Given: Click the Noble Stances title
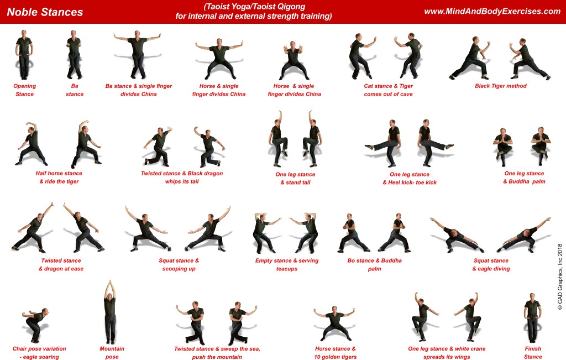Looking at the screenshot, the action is pyautogui.click(x=45, y=12).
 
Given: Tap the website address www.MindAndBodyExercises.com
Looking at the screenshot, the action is pyautogui.click(x=492, y=11).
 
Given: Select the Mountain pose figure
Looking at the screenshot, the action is pyautogui.click(x=110, y=312).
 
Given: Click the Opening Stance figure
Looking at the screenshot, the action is pyautogui.click(x=24, y=55).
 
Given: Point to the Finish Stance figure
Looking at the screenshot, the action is pyautogui.click(x=532, y=318).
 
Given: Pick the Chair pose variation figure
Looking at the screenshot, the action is pyautogui.click(x=35, y=325).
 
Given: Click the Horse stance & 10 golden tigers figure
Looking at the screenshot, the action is pyautogui.click(x=334, y=324).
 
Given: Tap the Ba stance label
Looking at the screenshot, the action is pyautogui.click(x=75, y=90).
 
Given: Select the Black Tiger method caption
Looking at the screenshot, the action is pyautogui.click(x=500, y=86).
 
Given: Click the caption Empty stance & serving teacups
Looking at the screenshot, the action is pyautogui.click(x=287, y=265).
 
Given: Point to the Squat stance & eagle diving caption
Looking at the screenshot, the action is pyautogui.click(x=491, y=265).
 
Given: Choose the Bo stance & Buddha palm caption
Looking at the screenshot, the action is pyautogui.click(x=374, y=265).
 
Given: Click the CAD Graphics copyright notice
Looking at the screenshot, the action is pyautogui.click(x=560, y=276).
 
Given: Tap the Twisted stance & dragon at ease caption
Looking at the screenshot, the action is pyautogui.click(x=61, y=265).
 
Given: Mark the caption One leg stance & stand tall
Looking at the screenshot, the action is pyautogui.click(x=295, y=179).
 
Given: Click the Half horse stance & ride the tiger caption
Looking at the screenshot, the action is pyautogui.click(x=59, y=178).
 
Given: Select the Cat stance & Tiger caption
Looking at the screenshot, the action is pyautogui.click(x=388, y=90).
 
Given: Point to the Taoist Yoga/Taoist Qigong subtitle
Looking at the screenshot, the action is pyautogui.click(x=253, y=11).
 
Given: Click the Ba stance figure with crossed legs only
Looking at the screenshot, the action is pyautogui.click(x=74, y=55).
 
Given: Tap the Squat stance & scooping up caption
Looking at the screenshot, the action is pyautogui.click(x=179, y=265).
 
